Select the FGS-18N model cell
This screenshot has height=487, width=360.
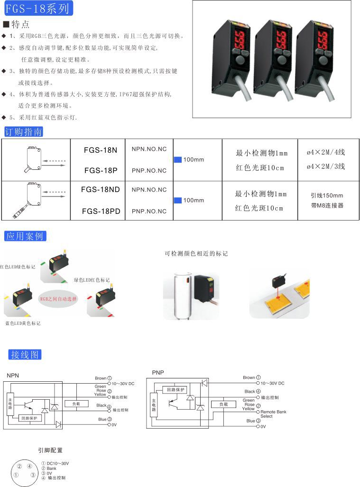pyautogui.click(x=100, y=150)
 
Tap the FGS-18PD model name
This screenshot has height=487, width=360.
pyautogui.click(x=101, y=211)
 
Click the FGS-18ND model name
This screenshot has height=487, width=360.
pyautogui.click(x=101, y=190)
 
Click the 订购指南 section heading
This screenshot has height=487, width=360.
pyautogui.click(x=24, y=131)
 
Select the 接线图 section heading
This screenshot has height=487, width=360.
pyautogui.click(x=25, y=354)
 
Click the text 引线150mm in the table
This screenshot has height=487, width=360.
pyautogui.click(x=326, y=195)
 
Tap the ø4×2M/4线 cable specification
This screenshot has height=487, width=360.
pyautogui.click(x=326, y=152)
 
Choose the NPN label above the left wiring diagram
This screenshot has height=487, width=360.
pyautogui.click(x=13, y=376)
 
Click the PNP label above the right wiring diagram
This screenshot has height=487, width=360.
pyautogui.click(x=158, y=373)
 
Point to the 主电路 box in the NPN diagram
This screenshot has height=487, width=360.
pyautogui.click(x=10, y=404)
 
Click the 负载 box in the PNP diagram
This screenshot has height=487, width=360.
pyautogui.click(x=223, y=404)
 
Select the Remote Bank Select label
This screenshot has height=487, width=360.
pyautogui.click(x=273, y=414)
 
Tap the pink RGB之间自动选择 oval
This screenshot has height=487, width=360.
pyautogui.click(x=58, y=299)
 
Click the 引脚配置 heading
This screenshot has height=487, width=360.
pyautogui.click(x=50, y=450)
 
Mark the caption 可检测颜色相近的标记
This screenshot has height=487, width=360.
pyautogui.click(x=196, y=254)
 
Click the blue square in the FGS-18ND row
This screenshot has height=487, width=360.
pyautogui.click(x=178, y=201)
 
